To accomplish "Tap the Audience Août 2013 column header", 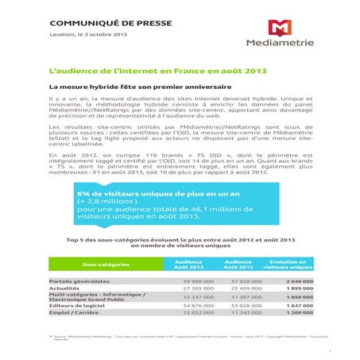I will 188,264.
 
